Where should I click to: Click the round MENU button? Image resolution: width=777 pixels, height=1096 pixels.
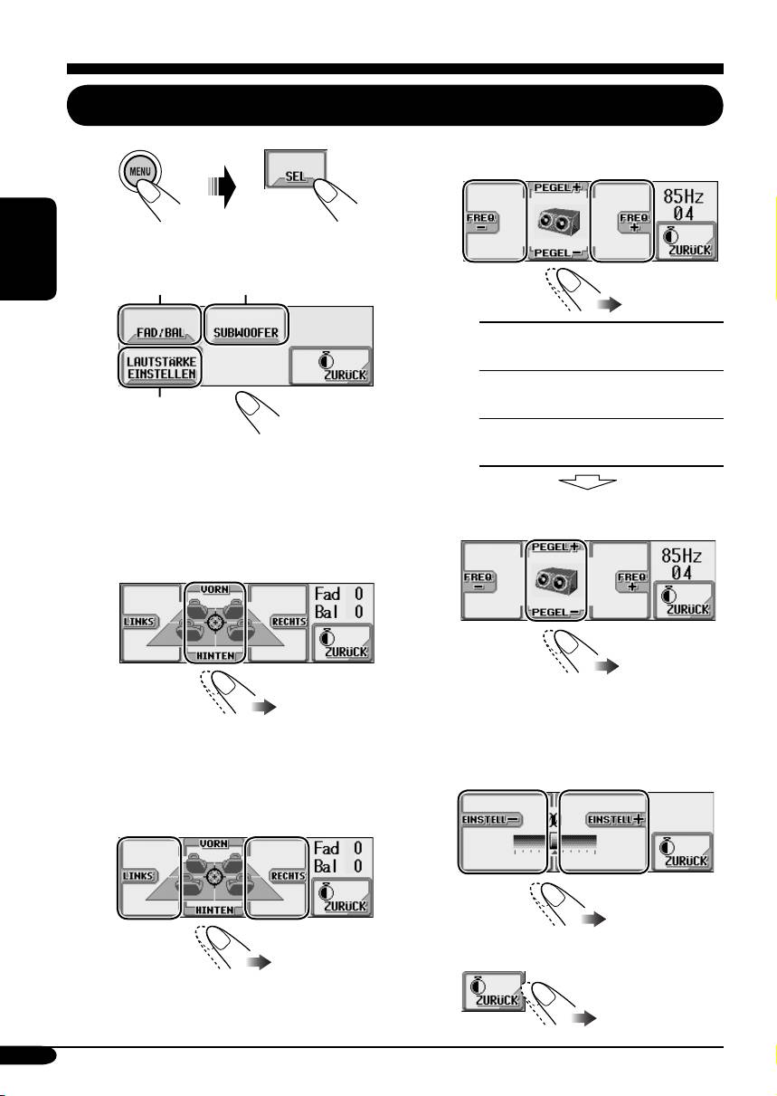coord(141,171)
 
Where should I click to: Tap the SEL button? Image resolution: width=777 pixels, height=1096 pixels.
coord(296,177)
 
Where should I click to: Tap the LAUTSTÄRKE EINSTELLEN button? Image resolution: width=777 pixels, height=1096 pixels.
coord(158,369)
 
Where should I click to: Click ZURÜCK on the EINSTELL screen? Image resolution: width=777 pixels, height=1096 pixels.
coord(682,851)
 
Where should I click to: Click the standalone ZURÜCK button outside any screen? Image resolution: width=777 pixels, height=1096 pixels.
coord(493,990)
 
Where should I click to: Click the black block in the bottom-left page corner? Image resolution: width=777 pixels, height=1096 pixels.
coord(28,1055)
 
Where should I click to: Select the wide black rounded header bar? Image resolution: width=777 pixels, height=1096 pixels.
coord(395,105)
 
